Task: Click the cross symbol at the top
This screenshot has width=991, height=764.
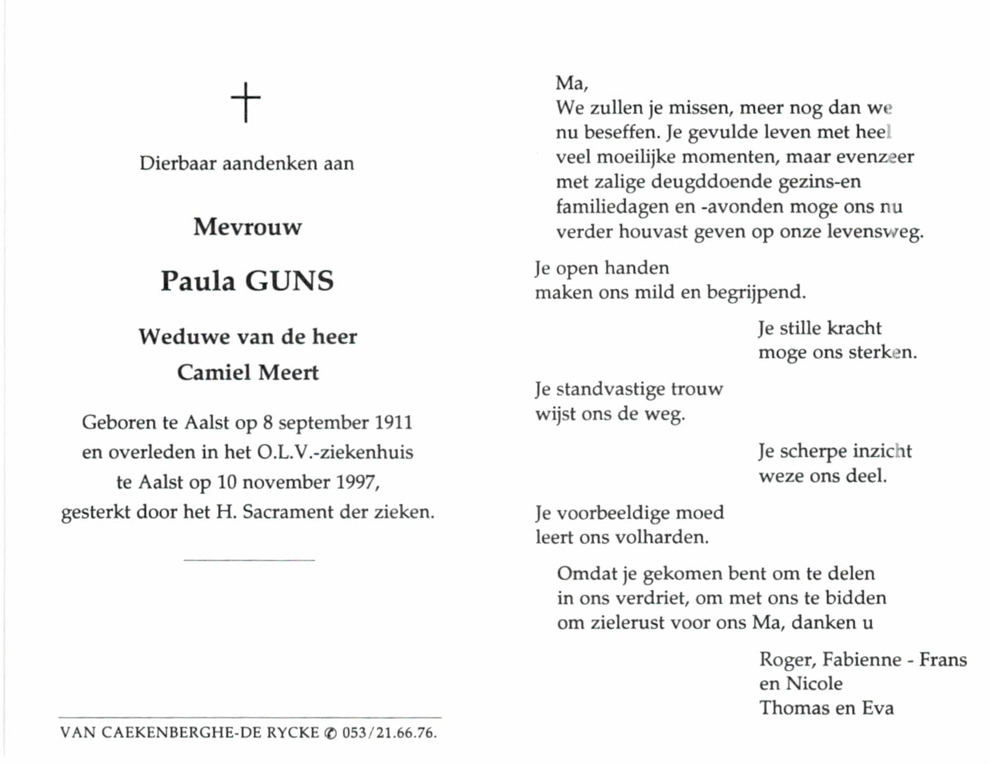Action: [x=246, y=102]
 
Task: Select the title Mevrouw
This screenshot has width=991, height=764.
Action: [x=247, y=227]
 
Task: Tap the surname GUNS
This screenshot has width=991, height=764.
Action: [x=289, y=281]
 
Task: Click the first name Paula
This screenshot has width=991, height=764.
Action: [x=198, y=281]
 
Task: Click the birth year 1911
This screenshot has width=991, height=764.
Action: [x=393, y=422]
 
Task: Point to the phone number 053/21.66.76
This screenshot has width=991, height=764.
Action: [x=389, y=733]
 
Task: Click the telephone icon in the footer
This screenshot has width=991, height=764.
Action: [x=331, y=734]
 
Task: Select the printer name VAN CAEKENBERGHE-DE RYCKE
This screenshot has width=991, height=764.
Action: [x=190, y=733]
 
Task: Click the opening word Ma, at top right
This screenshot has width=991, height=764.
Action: [x=572, y=83]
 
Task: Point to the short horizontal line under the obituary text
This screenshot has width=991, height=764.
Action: [x=249, y=560]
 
